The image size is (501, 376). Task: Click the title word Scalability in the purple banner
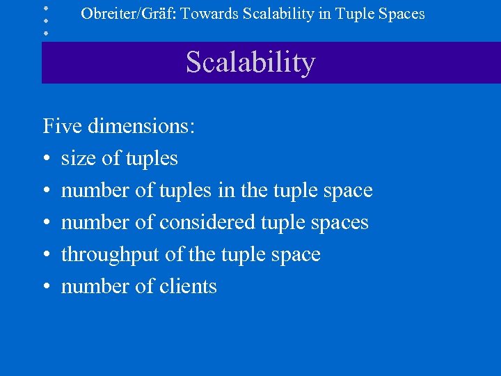[250, 63]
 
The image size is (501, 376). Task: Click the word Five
[61, 126]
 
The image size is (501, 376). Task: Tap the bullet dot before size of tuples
[47, 159]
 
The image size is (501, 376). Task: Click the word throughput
[110, 255]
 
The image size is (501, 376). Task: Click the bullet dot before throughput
[47, 256]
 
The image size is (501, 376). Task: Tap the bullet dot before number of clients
[47, 288]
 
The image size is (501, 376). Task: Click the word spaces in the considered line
[339, 223]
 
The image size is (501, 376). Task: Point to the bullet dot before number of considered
[47, 224]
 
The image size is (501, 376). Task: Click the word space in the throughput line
[294, 255]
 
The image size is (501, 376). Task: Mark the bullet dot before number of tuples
[47, 191]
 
